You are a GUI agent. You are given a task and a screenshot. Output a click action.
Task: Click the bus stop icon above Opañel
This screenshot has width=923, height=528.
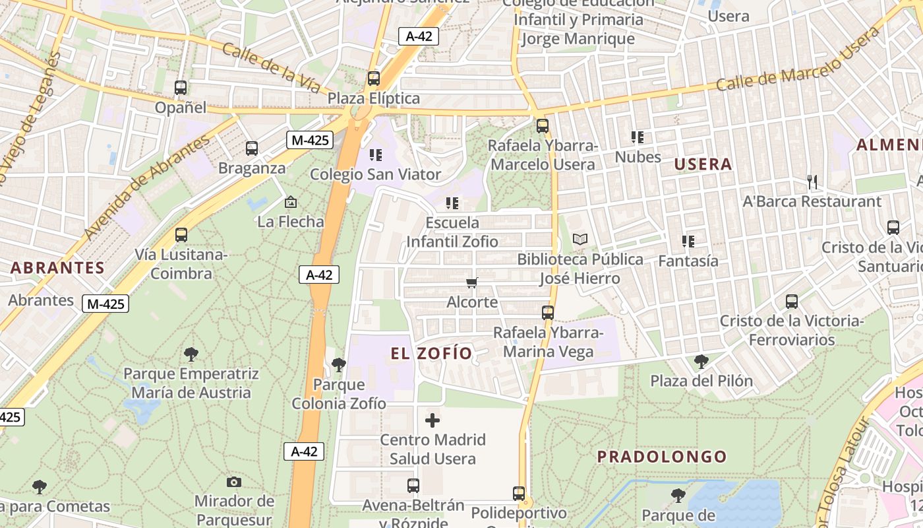180,87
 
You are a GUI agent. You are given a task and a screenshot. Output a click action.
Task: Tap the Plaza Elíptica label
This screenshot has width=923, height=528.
374,98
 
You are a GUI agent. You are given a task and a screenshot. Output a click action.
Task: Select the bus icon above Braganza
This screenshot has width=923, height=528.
251,148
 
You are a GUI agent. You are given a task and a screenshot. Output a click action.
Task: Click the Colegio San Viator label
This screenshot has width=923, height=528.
375,174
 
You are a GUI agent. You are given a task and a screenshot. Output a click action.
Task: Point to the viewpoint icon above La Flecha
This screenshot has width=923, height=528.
290,202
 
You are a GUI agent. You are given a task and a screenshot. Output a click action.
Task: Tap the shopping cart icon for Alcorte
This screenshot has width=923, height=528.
471,283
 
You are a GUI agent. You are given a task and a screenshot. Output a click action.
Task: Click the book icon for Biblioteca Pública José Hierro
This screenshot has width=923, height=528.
580,239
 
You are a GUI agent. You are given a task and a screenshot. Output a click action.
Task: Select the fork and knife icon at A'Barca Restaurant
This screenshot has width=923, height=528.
812,181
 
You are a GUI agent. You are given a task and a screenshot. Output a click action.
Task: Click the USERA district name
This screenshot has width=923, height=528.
703,164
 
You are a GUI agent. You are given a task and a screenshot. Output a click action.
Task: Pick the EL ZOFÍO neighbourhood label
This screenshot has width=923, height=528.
432,354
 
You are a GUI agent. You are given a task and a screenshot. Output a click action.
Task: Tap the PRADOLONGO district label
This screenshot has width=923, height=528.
662,457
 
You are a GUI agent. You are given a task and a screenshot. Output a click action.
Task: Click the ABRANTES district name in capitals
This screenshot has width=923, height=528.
57,267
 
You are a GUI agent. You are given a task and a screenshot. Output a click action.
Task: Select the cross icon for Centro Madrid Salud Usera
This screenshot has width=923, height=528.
432,420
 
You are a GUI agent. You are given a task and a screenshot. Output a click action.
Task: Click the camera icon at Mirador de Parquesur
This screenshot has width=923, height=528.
233,482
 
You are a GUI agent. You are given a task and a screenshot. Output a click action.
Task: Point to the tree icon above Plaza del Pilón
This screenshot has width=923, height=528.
701,361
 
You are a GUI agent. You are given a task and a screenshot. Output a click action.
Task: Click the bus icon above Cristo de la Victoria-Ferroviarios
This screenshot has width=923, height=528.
791,302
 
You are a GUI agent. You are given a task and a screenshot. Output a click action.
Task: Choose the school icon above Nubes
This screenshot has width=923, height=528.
637,137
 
